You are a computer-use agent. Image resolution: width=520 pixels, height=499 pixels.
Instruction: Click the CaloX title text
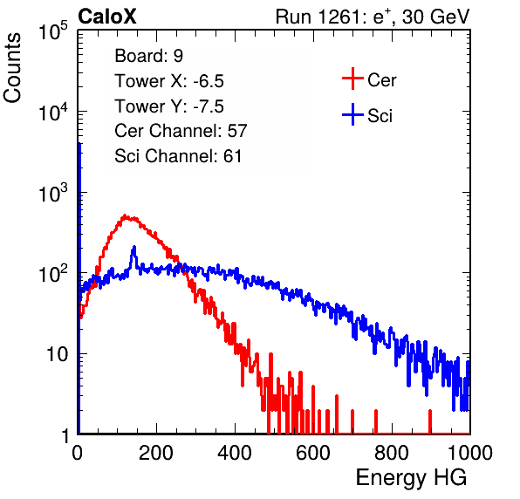[106, 17]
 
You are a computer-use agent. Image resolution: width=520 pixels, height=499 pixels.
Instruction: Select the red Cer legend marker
[352, 79]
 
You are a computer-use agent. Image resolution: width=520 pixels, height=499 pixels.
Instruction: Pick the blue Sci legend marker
[352, 114]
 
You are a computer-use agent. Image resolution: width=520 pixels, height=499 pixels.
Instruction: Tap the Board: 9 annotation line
[148, 56]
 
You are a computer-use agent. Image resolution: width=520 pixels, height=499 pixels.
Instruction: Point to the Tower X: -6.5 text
[169, 81]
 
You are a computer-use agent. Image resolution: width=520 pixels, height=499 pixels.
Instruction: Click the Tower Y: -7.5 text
[169, 106]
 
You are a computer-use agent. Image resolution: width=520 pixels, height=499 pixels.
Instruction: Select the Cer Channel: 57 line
[181, 131]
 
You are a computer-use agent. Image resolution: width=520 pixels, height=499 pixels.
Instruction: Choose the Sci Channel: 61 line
[178, 156]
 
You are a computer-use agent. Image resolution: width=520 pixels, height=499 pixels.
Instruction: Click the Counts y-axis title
[12, 68]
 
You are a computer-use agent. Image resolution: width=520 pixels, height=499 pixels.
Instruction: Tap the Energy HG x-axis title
[411, 478]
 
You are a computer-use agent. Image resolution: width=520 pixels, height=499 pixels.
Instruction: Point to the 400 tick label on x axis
[235, 453]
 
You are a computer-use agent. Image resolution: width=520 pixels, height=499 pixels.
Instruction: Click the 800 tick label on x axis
[392, 453]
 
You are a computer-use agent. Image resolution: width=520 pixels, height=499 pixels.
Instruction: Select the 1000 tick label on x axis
[470, 453]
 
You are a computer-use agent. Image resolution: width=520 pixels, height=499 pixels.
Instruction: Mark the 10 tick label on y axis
[57, 354]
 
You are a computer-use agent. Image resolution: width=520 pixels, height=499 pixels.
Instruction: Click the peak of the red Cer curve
[125, 215]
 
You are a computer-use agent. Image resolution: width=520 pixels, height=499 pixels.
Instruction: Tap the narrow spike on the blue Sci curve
[134, 248]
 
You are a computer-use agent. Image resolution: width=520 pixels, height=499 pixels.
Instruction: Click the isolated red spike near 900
[430, 421]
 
